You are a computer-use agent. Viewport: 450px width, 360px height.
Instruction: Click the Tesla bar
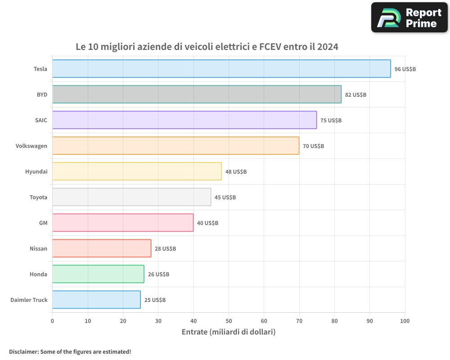tap(221, 69)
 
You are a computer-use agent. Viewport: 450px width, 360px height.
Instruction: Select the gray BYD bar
tap(197, 94)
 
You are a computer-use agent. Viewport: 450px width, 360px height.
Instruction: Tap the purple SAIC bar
tap(184, 120)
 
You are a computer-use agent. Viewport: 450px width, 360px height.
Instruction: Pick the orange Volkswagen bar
tap(175, 146)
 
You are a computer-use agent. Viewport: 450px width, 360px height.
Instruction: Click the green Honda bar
tap(98, 274)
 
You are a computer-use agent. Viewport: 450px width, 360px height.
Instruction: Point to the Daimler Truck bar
tap(96, 300)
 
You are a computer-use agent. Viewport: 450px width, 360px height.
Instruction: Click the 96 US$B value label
tap(405, 69)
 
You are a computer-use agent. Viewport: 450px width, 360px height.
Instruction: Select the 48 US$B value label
tap(236, 172)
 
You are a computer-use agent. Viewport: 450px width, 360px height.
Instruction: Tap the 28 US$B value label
tap(165, 249)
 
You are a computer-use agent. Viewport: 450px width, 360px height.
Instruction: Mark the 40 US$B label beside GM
tap(207, 223)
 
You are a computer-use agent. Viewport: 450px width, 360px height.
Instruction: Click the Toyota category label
tap(38, 198)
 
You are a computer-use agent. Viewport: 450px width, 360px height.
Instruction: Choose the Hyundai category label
tap(36, 172)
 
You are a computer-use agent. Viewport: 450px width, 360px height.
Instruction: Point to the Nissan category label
tap(38, 249)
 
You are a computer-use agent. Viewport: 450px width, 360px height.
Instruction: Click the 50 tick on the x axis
tap(229, 321)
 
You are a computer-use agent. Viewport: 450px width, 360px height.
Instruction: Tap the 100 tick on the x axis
tap(405, 321)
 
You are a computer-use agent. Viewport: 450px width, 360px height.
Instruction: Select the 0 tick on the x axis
tap(53, 321)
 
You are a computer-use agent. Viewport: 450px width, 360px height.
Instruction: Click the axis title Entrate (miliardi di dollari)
tap(228, 332)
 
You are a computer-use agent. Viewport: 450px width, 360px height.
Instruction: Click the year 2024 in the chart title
tap(327, 47)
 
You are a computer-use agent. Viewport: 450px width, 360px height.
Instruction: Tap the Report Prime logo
tap(409, 18)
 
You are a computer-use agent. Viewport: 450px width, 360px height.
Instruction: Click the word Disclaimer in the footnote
tap(23, 351)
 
